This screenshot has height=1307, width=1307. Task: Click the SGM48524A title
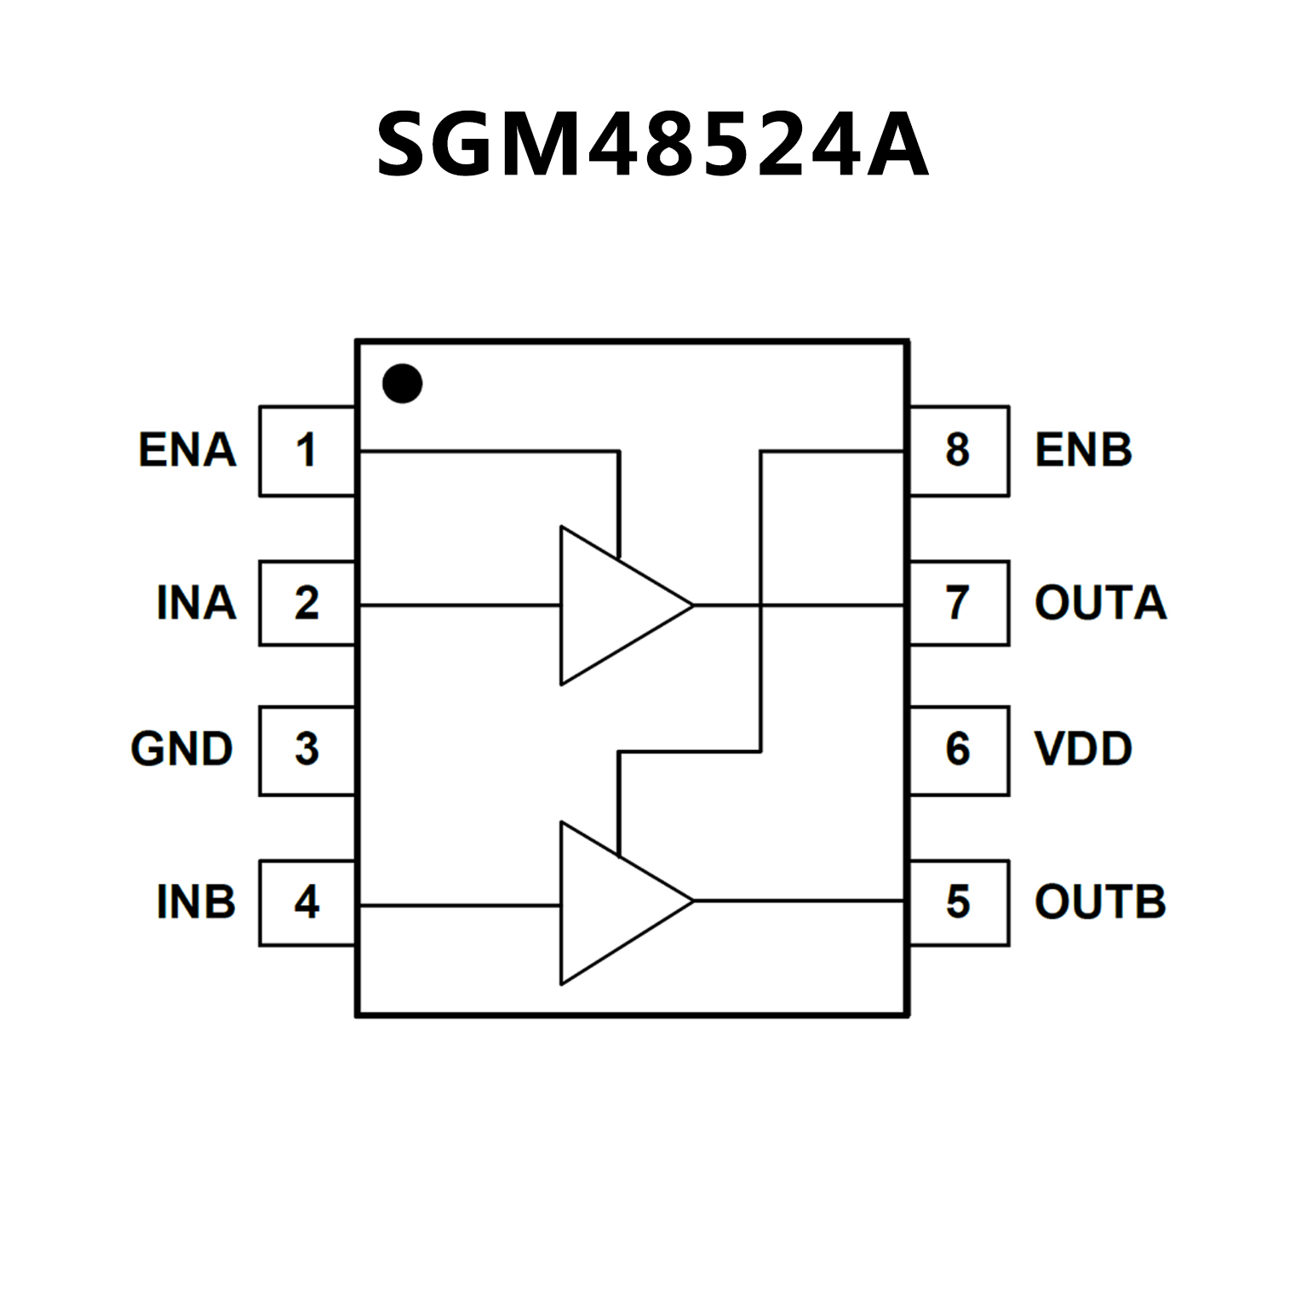coord(652,145)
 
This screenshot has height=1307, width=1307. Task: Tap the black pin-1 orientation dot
coord(402,383)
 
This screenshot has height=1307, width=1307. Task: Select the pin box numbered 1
coord(307,450)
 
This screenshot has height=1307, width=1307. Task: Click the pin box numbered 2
coord(307,603)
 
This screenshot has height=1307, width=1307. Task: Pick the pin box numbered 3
coord(307,749)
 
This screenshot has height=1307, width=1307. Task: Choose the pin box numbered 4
coord(307,902)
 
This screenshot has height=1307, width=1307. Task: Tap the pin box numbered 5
coord(959,902)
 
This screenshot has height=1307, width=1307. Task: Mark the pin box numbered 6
coord(959,749)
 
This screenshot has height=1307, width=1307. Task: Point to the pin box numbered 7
coord(959,603)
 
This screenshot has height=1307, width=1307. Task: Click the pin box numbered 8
coord(959,450)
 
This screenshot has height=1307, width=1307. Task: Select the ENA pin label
coord(187,450)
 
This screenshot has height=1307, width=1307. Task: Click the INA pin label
coord(196,603)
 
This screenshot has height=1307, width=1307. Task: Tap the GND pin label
coord(181,749)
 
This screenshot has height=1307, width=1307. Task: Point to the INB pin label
coord(196,902)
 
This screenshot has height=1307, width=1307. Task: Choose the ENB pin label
coord(1083,450)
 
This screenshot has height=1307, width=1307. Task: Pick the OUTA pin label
coord(1100,603)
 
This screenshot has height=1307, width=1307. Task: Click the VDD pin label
coord(1083,749)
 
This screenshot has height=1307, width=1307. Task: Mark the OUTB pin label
coord(1100,902)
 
